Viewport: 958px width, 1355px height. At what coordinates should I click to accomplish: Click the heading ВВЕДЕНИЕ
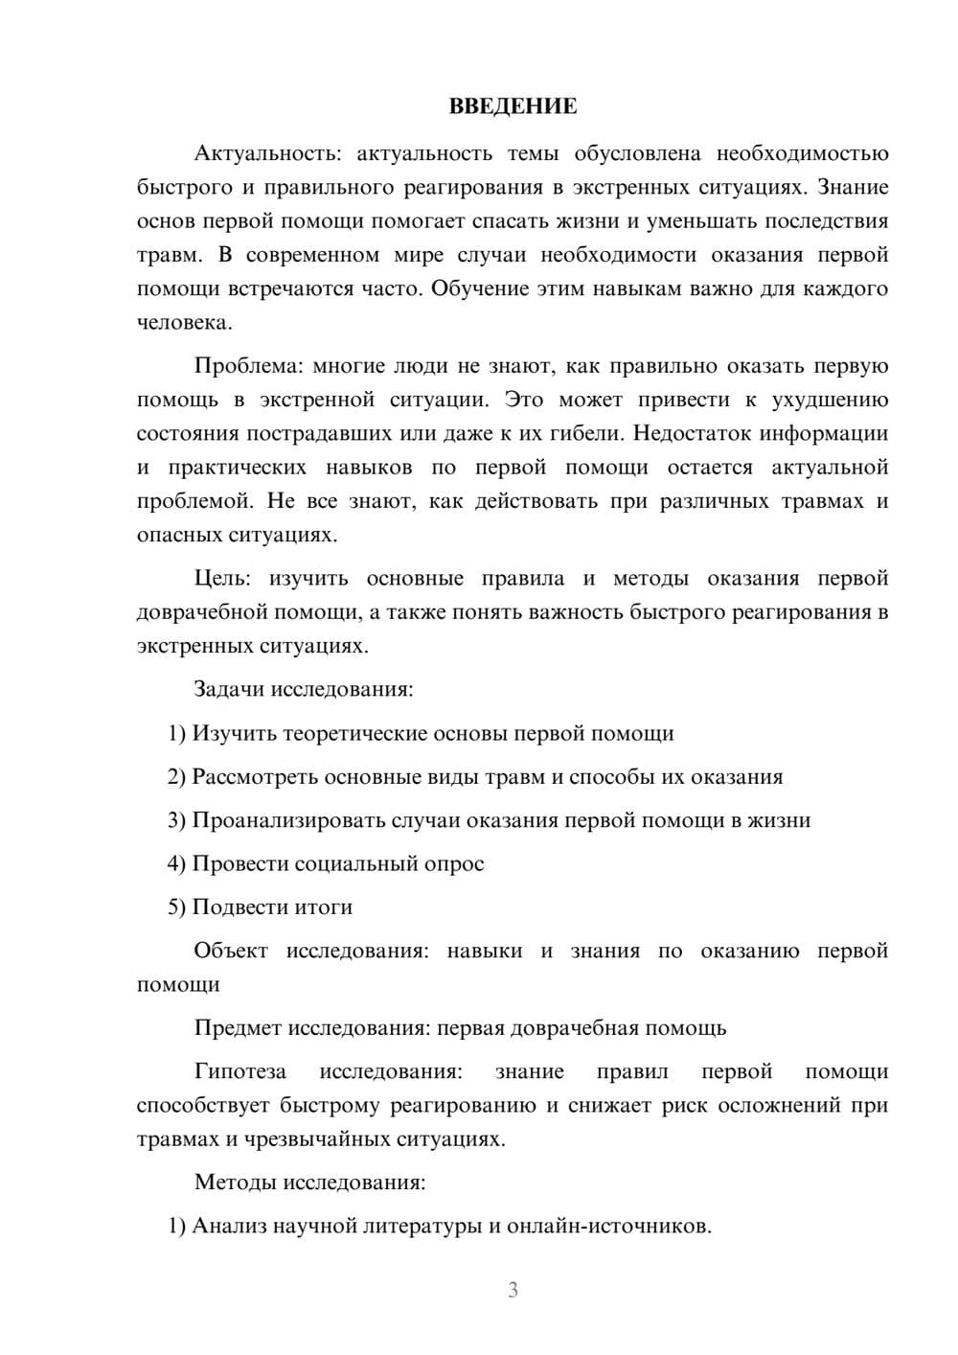coord(513,106)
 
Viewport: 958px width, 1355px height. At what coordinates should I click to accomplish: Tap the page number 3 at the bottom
coord(513,1290)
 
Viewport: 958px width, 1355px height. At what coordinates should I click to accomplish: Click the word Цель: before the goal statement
coord(222,579)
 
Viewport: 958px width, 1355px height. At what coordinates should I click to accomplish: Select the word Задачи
coord(229,689)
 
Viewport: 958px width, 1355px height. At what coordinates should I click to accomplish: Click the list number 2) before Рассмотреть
coord(176,776)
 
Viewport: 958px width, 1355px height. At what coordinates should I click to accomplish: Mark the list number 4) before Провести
coord(176,863)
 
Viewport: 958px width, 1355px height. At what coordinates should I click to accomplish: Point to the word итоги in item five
coord(324,907)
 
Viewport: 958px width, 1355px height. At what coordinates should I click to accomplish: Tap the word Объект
coord(231,951)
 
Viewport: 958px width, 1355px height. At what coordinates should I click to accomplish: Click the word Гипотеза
coord(240,1071)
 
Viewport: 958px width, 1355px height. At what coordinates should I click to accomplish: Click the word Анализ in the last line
coord(230,1226)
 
